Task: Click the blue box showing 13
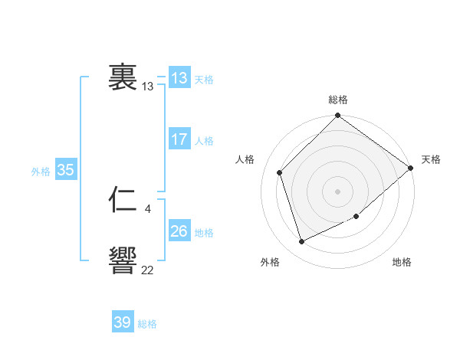(179, 78)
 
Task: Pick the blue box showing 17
(179, 139)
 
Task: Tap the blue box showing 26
(179, 231)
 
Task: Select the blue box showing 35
(66, 171)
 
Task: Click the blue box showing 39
(123, 322)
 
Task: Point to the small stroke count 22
(147, 270)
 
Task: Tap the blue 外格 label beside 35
(41, 172)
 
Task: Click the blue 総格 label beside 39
(147, 324)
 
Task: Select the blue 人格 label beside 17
(204, 141)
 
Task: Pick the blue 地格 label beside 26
(204, 233)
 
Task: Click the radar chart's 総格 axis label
(338, 100)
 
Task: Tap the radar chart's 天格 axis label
(431, 159)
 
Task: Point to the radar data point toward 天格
(410, 168)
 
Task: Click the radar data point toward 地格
(356, 217)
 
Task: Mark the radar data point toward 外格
(302, 241)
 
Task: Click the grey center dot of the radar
(338, 191)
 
